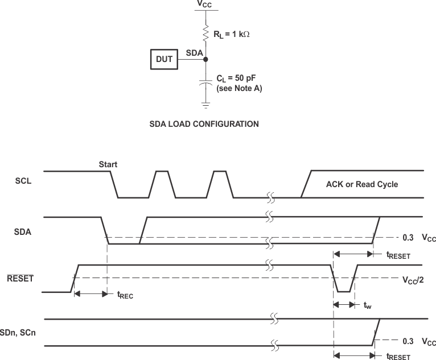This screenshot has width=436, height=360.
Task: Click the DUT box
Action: [x=164, y=59]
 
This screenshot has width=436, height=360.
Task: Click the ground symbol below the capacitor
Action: [x=206, y=105]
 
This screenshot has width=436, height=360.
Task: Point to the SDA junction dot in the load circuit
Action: [x=206, y=59]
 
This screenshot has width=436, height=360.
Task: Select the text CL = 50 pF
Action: [x=238, y=79]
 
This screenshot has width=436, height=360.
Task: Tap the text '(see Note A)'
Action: [x=239, y=89]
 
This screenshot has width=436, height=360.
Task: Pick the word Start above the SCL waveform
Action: [x=108, y=164]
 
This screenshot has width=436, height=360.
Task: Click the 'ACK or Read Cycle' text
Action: [x=361, y=184]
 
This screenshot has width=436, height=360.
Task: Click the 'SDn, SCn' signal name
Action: [x=18, y=332]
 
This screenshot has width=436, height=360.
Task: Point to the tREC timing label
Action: [x=125, y=295]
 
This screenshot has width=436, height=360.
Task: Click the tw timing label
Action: [x=367, y=305]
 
